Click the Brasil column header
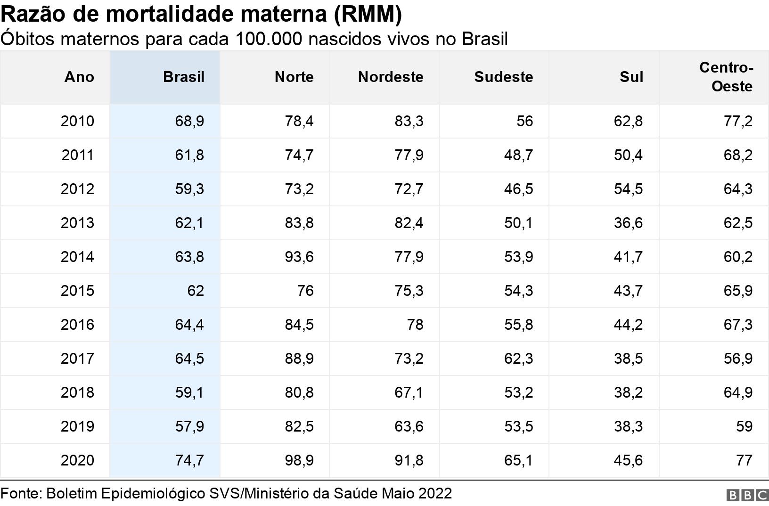coord(183,77)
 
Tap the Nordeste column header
coord(390,77)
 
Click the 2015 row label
coord(77,291)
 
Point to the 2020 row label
coord(77,460)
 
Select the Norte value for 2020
coord(299,460)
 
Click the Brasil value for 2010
coord(189,121)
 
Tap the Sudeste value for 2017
coord(518,359)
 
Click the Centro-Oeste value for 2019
coord(744,426)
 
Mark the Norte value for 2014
coord(299,257)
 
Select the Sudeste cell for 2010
coord(524,121)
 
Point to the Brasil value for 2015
coord(195,291)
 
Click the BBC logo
coord(747,495)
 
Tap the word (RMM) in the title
coord(368,14)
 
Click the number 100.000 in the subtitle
coord(268,39)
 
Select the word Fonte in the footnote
coord(21,493)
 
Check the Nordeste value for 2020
coord(409,460)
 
